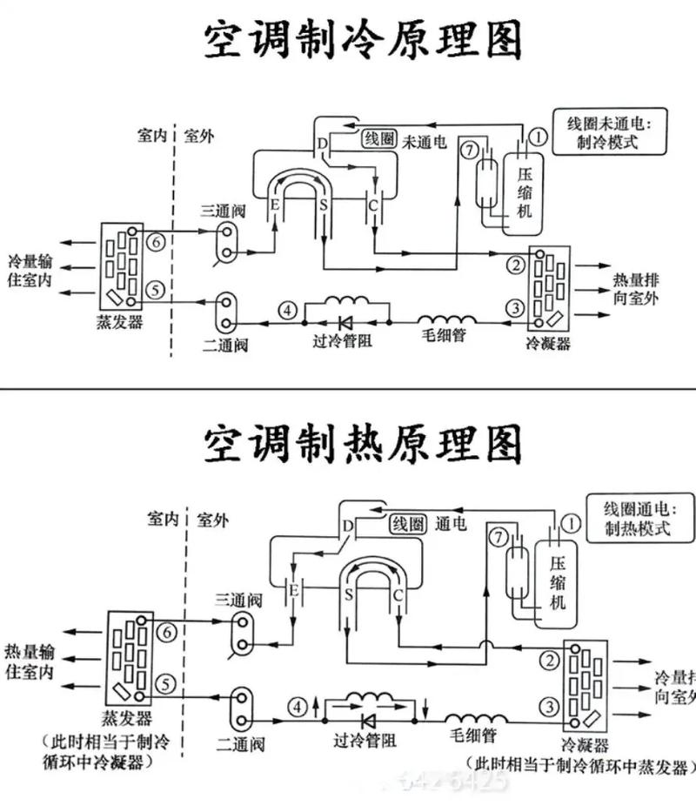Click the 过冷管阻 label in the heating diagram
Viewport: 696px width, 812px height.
[365, 739]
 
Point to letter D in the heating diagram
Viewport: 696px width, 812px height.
[348, 526]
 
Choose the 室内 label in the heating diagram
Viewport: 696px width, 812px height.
[161, 520]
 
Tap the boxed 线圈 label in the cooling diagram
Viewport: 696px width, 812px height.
[378, 138]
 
